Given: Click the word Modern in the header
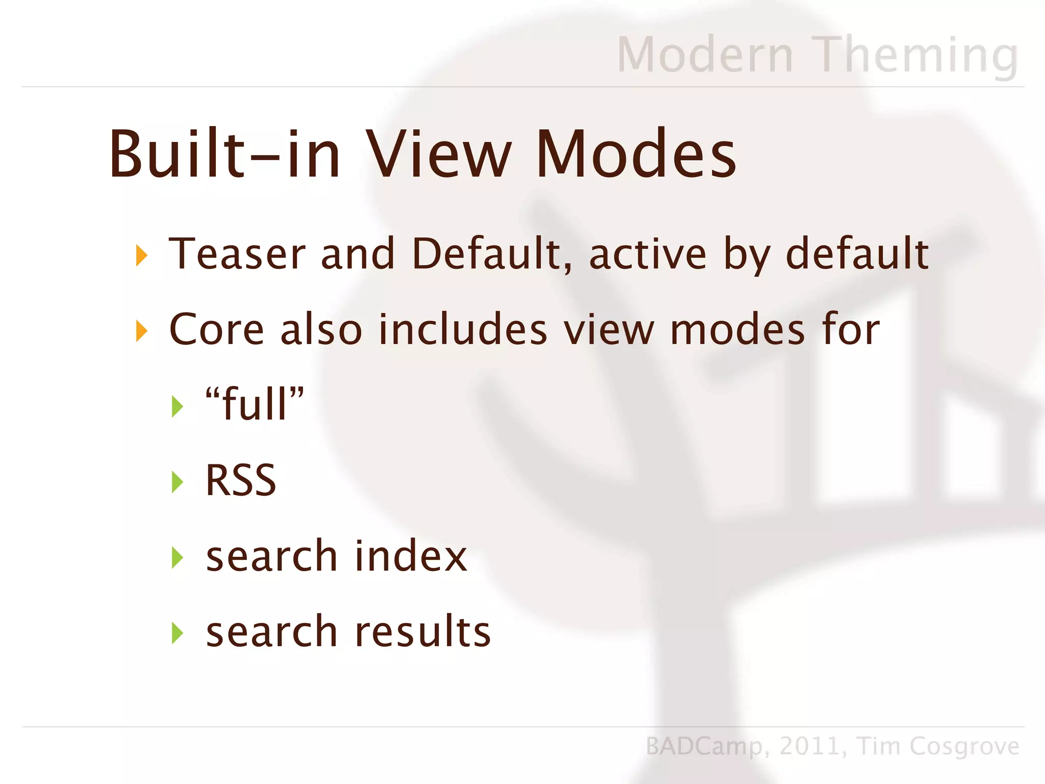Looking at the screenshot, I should coord(705,55).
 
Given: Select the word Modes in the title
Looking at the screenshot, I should coord(636,154).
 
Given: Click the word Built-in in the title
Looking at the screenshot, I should coord(225,154).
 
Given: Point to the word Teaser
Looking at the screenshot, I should coord(237,254).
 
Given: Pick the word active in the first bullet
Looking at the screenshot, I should coord(648,254).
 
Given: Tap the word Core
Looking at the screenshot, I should coord(216,329).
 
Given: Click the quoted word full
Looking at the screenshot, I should coord(255,404).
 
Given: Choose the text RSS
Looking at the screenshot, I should coord(240,480).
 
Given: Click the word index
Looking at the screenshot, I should coord(411,556).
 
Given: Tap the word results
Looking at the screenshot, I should coord(423,631).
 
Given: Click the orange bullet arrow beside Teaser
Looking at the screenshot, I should coord(141,255).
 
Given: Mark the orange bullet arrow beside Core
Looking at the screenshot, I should coord(141,331).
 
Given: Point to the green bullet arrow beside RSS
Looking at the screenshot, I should coord(177,482).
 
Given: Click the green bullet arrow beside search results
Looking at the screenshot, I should coord(177,633).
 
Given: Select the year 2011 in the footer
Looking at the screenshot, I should coord(809,746).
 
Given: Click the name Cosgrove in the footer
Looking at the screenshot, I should coord(964,746).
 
